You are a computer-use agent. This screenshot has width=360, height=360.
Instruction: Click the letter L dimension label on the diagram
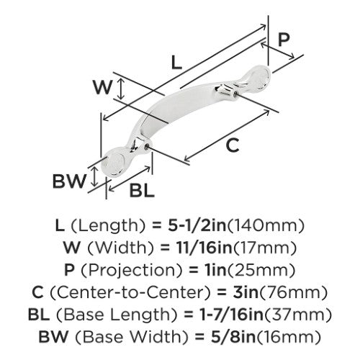tap(176, 62)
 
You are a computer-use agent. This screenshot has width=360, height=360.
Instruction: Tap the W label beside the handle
tap(103, 87)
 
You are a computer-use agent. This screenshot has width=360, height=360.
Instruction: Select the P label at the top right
tap(284, 40)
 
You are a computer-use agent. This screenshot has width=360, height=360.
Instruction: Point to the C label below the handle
tap(233, 145)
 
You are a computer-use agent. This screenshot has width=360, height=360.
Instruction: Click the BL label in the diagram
tap(142, 190)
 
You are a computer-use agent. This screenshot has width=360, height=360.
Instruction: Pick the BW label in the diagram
tap(69, 181)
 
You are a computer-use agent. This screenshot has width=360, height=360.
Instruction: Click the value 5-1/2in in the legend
tap(197, 225)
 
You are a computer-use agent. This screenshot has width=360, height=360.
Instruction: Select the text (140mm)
tap(266, 225)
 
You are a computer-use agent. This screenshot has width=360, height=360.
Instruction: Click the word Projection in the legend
tap(132, 270)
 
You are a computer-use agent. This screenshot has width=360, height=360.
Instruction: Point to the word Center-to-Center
tap(130, 292)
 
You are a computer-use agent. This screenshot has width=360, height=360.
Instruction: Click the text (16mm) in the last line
tap(289, 336)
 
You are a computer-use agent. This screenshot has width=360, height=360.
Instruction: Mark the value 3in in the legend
tap(246, 292)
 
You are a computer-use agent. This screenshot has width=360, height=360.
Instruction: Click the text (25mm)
tap(261, 270)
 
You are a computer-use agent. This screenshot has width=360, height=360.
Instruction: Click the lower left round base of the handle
tap(113, 164)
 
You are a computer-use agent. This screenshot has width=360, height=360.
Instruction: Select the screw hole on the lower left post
tap(147, 145)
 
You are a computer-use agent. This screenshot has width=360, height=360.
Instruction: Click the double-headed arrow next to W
tap(122, 89)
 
